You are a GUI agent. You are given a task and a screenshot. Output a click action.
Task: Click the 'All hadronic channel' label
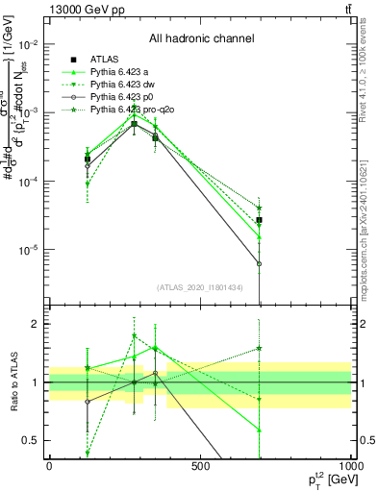click(201, 39)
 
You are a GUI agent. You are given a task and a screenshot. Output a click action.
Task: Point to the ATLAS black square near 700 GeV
click(259, 220)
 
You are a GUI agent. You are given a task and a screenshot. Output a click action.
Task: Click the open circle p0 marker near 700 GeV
click(259, 263)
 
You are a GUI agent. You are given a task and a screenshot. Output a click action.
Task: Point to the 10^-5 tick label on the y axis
click(29, 250)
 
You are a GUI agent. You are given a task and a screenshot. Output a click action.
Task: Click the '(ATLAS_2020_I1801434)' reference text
click(200, 287)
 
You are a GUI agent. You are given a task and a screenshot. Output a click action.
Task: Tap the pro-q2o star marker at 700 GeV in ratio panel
click(259, 349)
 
